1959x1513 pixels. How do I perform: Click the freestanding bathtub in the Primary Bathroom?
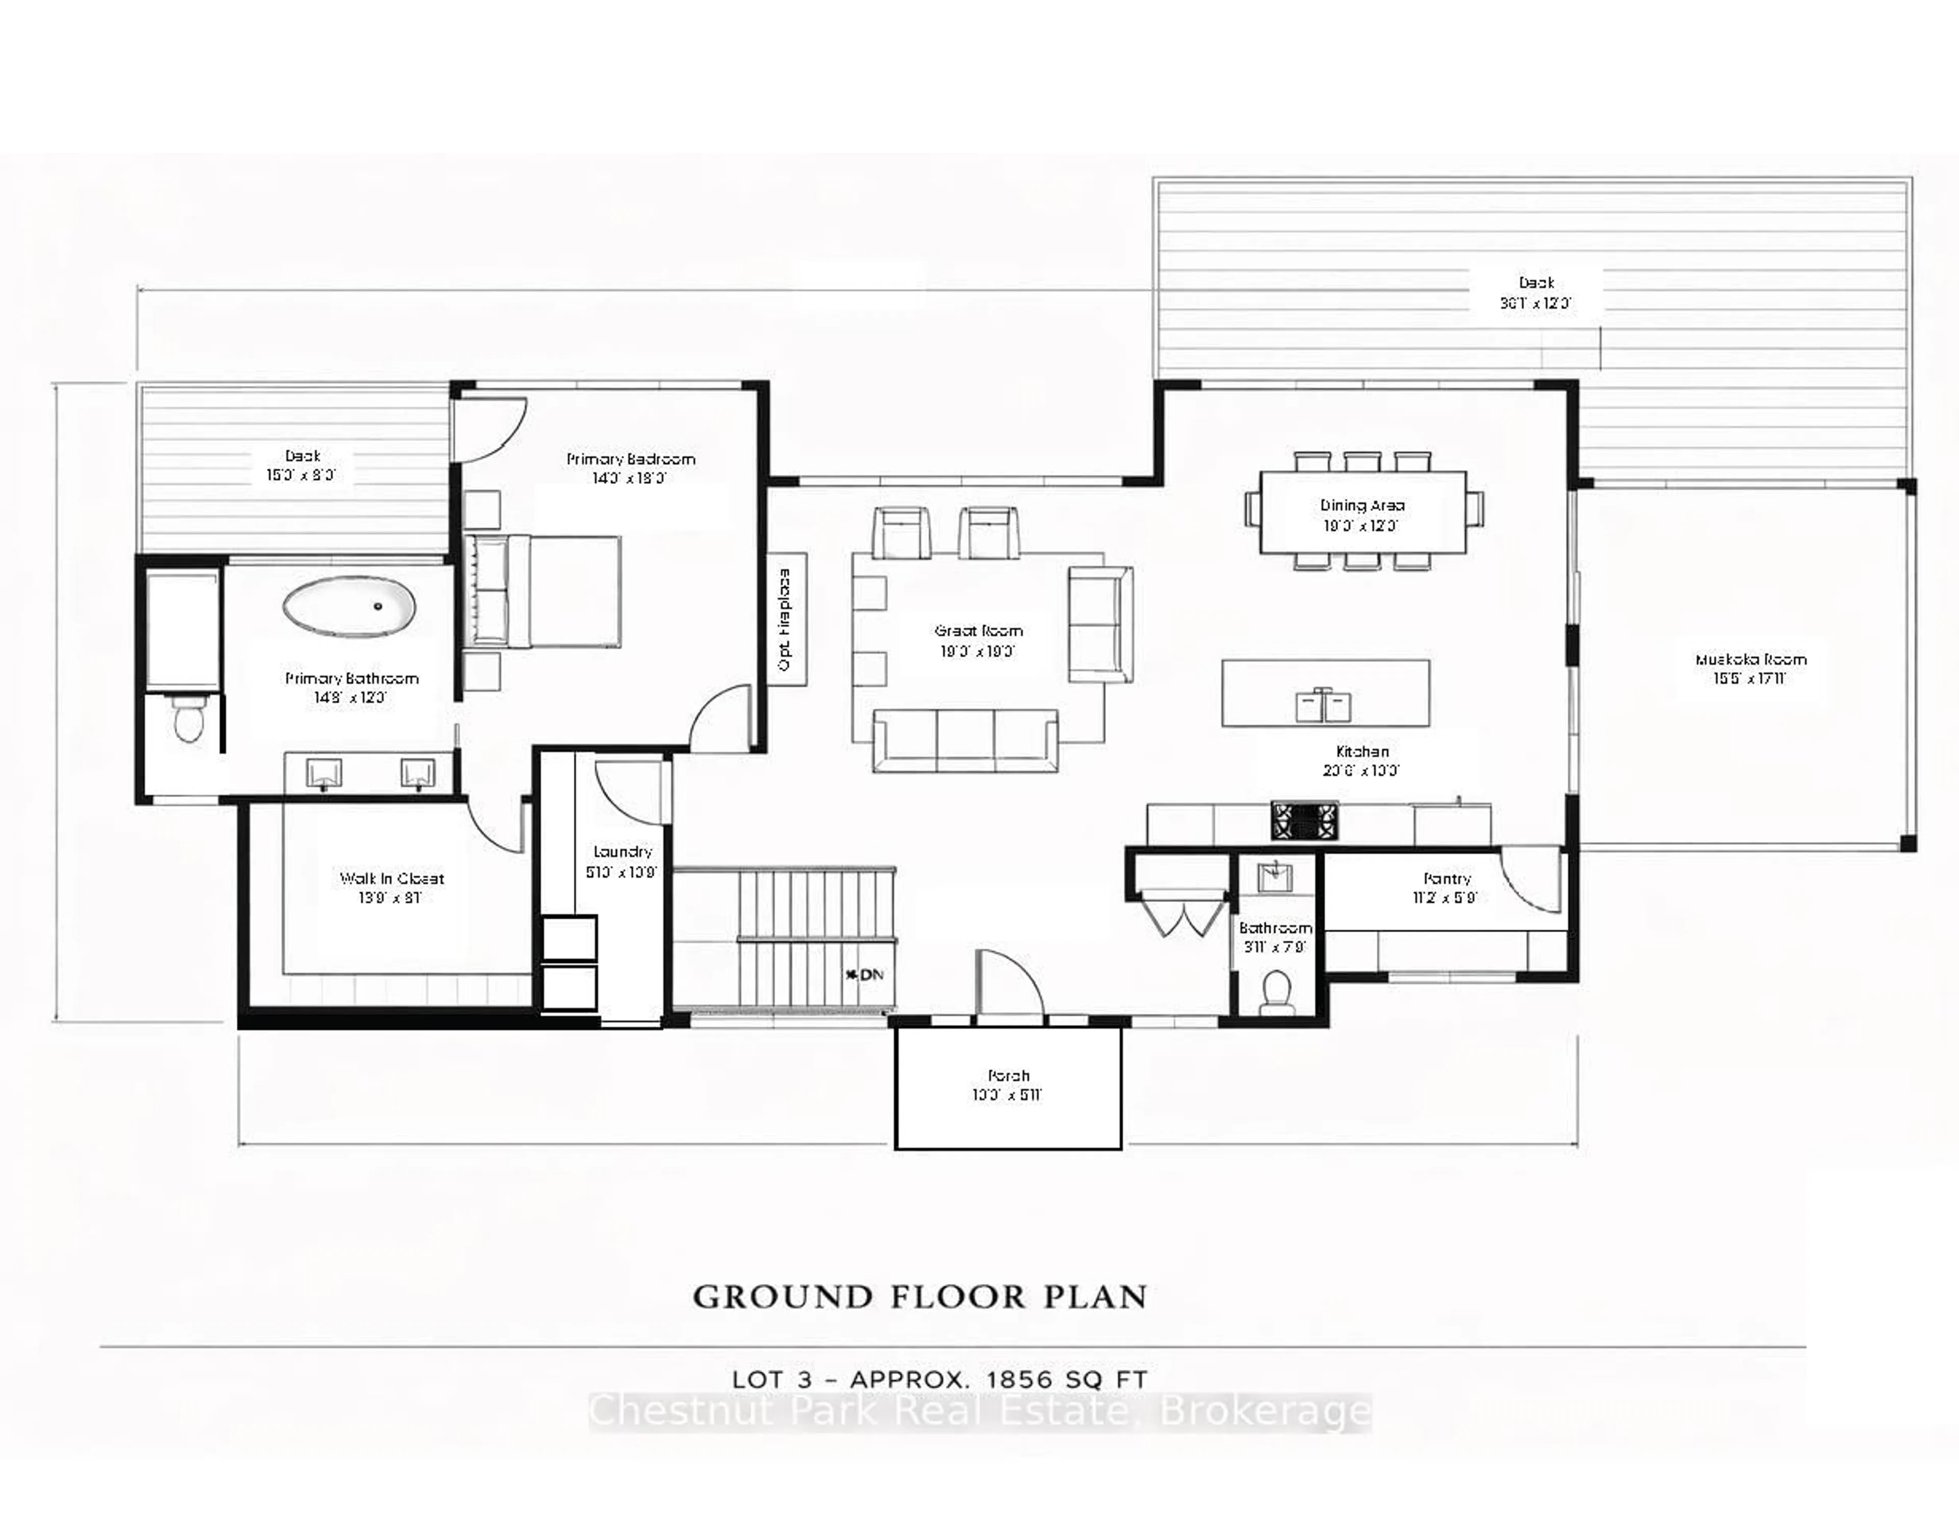350,608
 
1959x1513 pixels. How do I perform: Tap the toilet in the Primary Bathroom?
187,720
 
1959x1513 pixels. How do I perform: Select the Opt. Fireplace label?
786,619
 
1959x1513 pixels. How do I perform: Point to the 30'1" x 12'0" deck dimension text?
1536,303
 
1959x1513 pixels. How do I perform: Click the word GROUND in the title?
782,1298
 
